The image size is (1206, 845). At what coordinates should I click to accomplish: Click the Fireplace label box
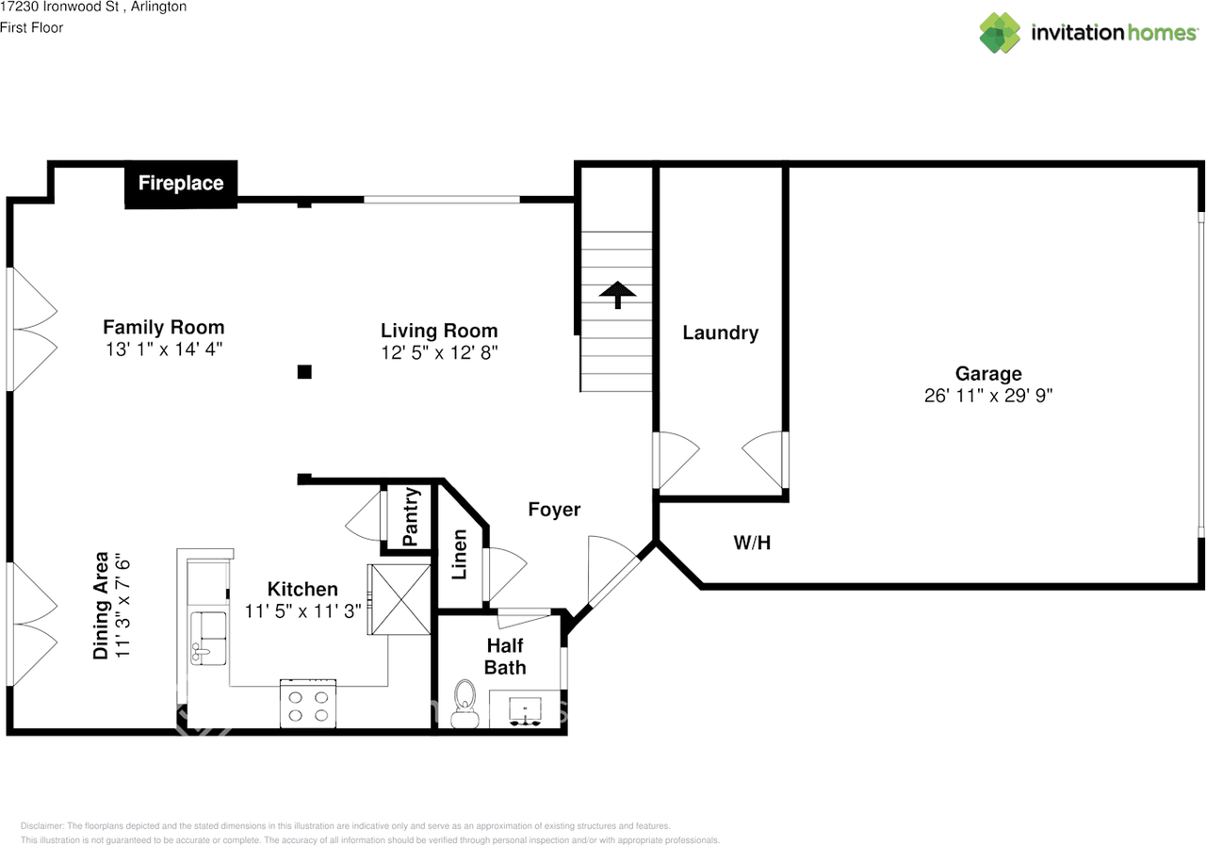pyautogui.click(x=181, y=184)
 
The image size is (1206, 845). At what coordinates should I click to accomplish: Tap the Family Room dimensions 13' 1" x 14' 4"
pyautogui.click(x=164, y=349)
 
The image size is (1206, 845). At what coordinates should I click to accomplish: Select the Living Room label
pyautogui.click(x=439, y=331)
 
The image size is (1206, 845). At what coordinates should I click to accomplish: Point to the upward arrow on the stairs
pyautogui.click(x=618, y=294)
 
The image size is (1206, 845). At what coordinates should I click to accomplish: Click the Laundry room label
pyautogui.click(x=720, y=333)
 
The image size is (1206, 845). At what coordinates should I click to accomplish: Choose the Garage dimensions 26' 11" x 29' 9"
pyautogui.click(x=987, y=396)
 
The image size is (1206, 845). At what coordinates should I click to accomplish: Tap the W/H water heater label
pyautogui.click(x=753, y=543)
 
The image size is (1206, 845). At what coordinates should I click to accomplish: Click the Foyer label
pyautogui.click(x=554, y=510)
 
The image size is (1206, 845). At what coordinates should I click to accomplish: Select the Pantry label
pyautogui.click(x=411, y=516)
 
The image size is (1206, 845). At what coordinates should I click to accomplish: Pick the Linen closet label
pyautogui.click(x=459, y=554)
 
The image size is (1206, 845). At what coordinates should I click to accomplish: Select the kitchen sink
pyautogui.click(x=208, y=637)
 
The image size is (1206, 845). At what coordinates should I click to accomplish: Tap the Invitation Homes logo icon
pyautogui.click(x=999, y=33)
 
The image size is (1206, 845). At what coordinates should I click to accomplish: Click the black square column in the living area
pyautogui.click(x=304, y=372)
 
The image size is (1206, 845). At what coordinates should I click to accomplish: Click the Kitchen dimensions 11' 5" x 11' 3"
pyautogui.click(x=302, y=610)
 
